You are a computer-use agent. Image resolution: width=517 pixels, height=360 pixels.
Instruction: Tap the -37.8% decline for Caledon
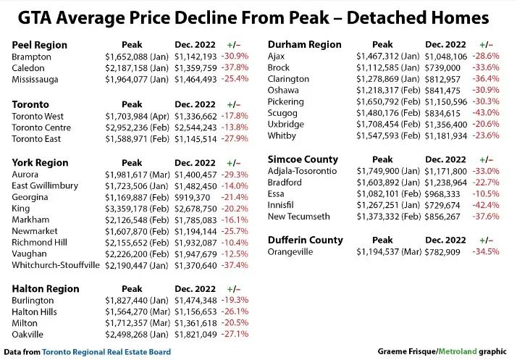(x=235, y=68)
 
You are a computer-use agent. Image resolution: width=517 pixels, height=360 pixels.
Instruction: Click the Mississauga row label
(x=37, y=80)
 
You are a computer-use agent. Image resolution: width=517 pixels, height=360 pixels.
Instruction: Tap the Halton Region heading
(x=46, y=288)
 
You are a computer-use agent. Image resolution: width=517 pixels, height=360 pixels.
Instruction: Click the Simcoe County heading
(x=303, y=159)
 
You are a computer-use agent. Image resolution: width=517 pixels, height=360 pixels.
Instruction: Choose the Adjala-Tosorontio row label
(x=302, y=171)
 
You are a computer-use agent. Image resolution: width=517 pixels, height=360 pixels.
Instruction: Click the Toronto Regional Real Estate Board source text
(x=106, y=352)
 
